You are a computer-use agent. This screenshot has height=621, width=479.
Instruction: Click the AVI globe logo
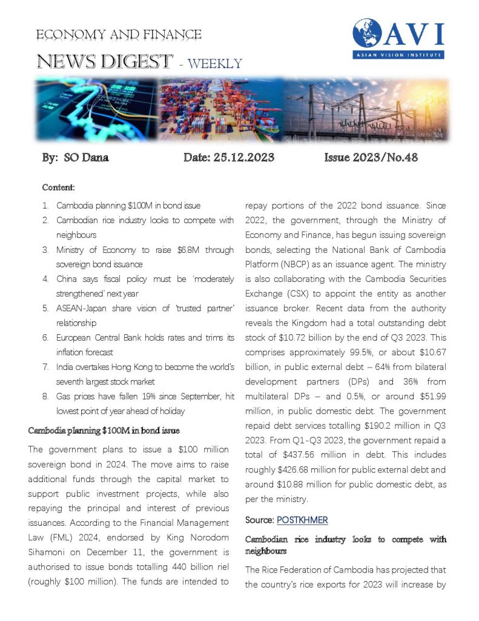[x=370, y=35]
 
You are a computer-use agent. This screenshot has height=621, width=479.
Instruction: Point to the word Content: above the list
[x=58, y=188]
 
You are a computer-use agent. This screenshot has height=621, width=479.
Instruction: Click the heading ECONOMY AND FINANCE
[x=119, y=35]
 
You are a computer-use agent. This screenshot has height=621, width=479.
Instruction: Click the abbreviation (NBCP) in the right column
[x=299, y=264]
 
